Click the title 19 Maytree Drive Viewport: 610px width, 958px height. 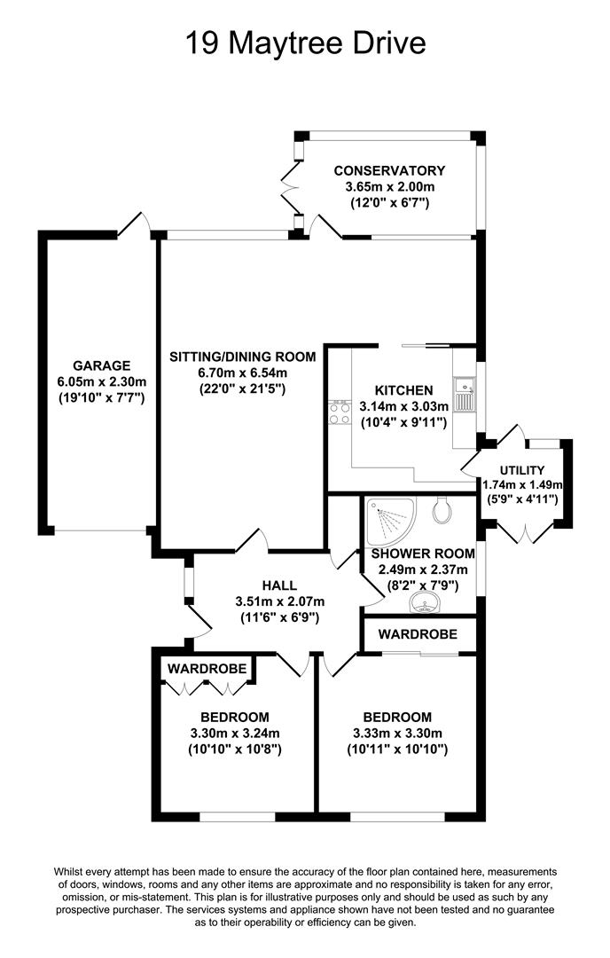pos(305,43)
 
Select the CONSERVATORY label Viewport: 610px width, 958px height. pos(389,171)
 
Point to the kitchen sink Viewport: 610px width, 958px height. pos(464,394)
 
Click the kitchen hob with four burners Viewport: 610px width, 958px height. pos(340,412)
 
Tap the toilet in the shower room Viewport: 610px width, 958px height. pos(442,509)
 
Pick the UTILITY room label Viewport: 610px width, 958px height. pos(522,470)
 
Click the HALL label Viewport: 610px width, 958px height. pos(279,585)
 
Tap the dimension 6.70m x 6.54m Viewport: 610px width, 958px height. pos(242,372)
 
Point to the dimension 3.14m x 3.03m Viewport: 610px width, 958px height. pos(403,405)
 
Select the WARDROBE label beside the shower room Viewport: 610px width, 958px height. pos(418,634)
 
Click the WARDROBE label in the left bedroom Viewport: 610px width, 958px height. pos(207,669)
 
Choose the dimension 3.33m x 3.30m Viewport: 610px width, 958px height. pos(397,734)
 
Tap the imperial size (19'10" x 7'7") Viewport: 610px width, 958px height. pos(101,398)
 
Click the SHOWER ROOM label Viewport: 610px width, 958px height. pos(423,554)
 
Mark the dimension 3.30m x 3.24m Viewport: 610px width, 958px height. pos(235,734)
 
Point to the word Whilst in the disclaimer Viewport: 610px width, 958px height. pos(67,872)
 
